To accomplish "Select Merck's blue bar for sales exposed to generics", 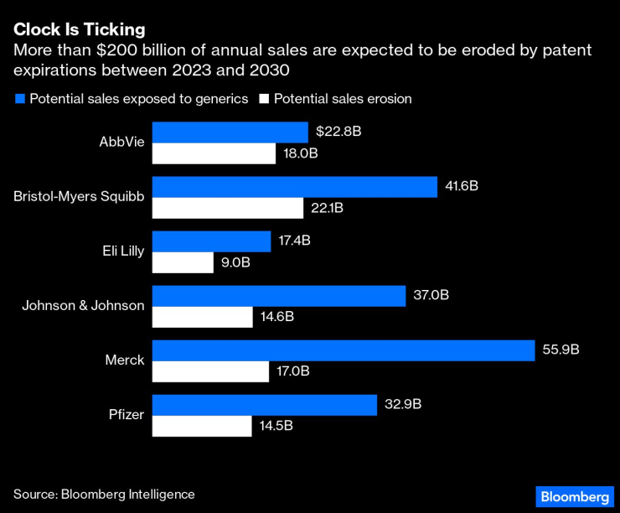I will click(x=344, y=350).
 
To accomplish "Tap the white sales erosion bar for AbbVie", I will click(x=214, y=153).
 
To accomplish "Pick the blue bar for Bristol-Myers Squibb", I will click(x=295, y=187).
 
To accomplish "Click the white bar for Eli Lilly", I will click(x=183, y=262).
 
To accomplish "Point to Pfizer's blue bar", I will click(x=265, y=405).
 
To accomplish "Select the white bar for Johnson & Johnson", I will click(x=202, y=317).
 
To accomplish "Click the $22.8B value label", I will click(x=338, y=132).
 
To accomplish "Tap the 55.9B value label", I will click(x=561, y=350).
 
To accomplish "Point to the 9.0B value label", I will click(x=236, y=262).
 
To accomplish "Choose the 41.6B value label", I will click(x=462, y=186).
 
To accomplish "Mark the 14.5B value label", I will click(x=276, y=426).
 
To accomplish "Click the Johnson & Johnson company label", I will click(x=83, y=305).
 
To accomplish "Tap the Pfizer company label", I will click(x=127, y=414).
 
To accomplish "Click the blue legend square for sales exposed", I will click(x=19, y=99).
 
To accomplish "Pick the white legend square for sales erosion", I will click(x=263, y=99).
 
